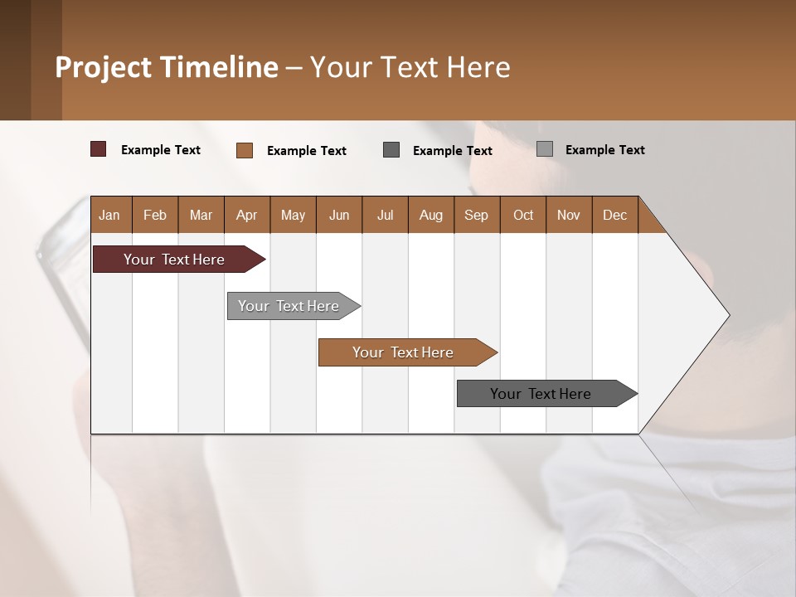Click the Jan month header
109,215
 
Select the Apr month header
246,215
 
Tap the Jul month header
385,215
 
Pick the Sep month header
476,215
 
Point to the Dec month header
614,215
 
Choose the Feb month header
155,215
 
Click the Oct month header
523,215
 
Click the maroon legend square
98,149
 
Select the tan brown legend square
244,150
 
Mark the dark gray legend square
391,149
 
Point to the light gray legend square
544,149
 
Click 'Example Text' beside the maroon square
161,150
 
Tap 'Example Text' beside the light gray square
605,150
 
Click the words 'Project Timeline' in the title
167,67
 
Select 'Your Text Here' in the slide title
410,67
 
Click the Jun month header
339,215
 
